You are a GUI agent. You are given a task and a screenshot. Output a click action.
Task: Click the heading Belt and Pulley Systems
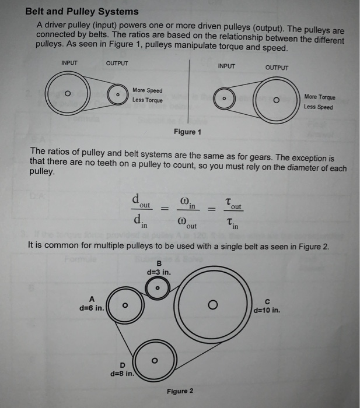point(82,11)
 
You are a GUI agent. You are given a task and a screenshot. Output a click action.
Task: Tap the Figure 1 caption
point(187,132)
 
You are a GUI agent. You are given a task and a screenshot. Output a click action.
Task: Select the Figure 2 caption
point(180,391)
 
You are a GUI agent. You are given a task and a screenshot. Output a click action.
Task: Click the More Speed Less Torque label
point(147,95)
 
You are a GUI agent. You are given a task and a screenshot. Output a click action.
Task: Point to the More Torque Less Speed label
point(319,102)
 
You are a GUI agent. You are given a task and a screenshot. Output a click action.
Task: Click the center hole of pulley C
point(213,304)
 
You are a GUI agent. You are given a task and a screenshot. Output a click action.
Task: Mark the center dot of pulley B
point(157,288)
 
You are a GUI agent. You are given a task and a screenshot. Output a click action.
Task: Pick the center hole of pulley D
point(154,360)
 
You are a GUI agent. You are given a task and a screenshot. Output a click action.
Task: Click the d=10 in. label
point(268,310)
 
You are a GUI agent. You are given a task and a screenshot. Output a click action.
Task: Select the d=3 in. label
point(158,272)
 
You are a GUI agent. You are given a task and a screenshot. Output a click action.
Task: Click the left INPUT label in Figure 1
point(69,63)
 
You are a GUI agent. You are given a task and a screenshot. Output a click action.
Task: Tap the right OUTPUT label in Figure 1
point(276,68)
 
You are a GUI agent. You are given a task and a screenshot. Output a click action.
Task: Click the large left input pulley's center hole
point(67,94)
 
